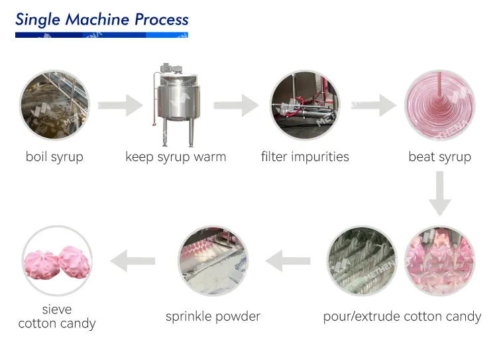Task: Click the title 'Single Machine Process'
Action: tap(101, 19)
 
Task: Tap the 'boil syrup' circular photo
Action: tap(54, 104)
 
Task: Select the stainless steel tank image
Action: tap(176, 104)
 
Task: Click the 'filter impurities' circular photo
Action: tap(304, 104)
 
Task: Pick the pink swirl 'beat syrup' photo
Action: tap(439, 104)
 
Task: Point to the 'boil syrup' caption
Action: tap(54, 157)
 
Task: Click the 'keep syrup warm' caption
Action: tap(176, 157)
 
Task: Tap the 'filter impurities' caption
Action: tap(305, 157)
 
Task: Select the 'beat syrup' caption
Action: tap(439, 157)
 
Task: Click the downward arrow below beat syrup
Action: tap(439, 194)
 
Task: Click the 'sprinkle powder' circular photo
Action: tap(213, 261)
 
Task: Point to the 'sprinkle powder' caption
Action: tap(213, 316)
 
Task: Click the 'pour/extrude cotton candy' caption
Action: tap(402, 316)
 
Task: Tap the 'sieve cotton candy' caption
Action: tap(57, 317)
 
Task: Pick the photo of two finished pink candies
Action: tap(57, 261)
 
